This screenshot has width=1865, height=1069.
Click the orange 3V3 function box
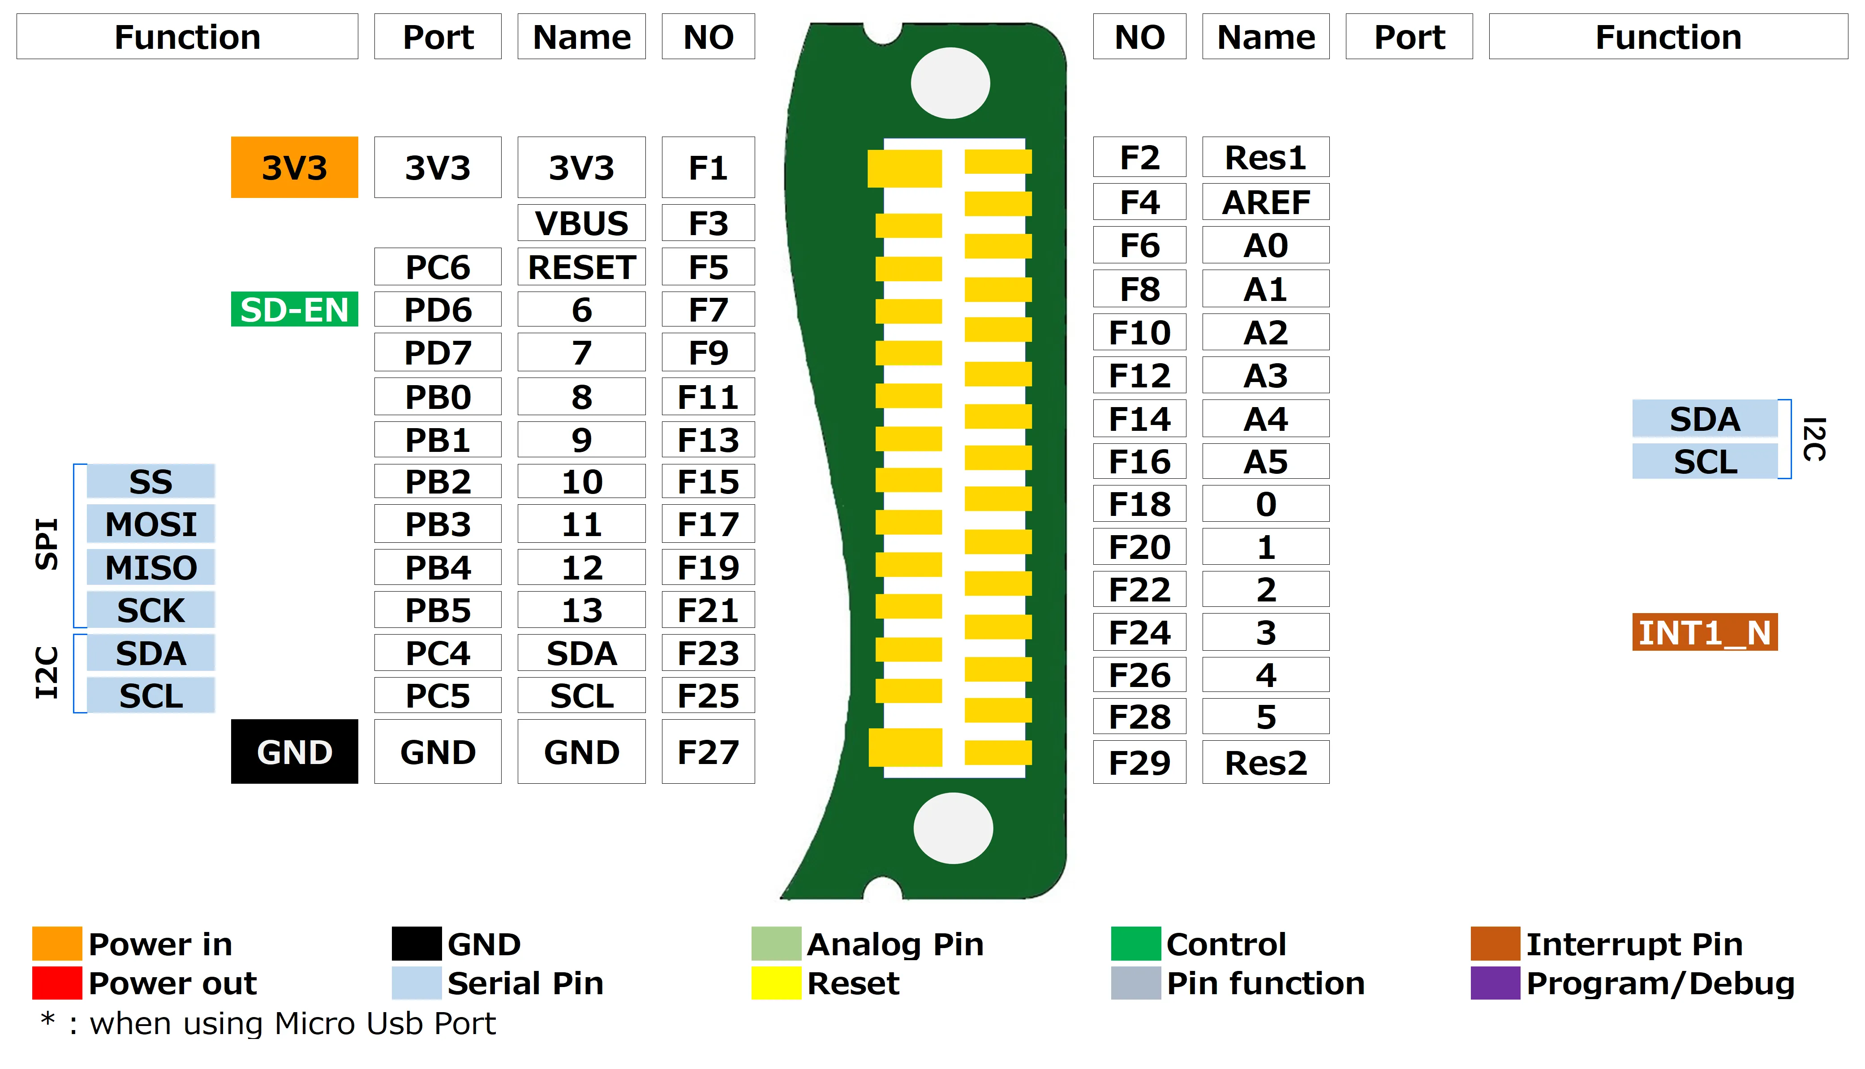294,167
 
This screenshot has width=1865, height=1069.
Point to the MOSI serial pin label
150,524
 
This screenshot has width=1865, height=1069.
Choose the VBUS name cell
581,223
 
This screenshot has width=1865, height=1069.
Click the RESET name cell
581,266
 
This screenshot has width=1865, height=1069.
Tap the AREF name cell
1265,202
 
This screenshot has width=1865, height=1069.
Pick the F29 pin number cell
1139,762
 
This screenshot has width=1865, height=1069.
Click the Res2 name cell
1265,762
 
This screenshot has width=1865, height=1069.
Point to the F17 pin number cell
708,524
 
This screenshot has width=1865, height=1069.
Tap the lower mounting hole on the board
953,828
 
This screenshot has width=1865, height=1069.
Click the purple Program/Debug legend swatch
1495,983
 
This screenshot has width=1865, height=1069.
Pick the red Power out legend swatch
56,983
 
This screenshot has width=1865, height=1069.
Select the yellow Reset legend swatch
775,983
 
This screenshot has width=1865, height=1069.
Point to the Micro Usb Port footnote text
292,1023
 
